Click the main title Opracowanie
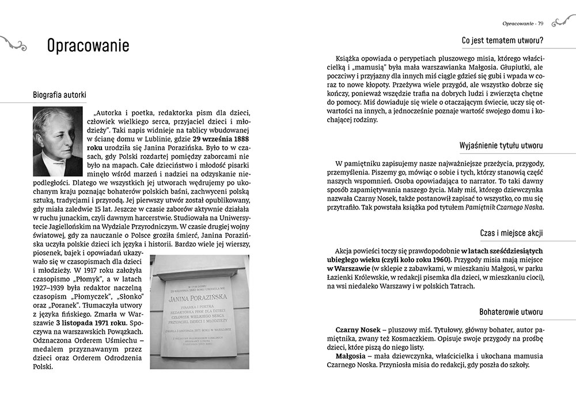click(88, 46)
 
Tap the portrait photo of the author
click(58, 141)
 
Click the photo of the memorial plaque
click(199, 311)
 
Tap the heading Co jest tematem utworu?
click(503, 40)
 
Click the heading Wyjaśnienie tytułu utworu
click(501, 145)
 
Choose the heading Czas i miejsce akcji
click(511, 233)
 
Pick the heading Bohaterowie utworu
click(511, 312)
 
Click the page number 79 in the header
click(541, 23)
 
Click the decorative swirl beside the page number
click(563, 22)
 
